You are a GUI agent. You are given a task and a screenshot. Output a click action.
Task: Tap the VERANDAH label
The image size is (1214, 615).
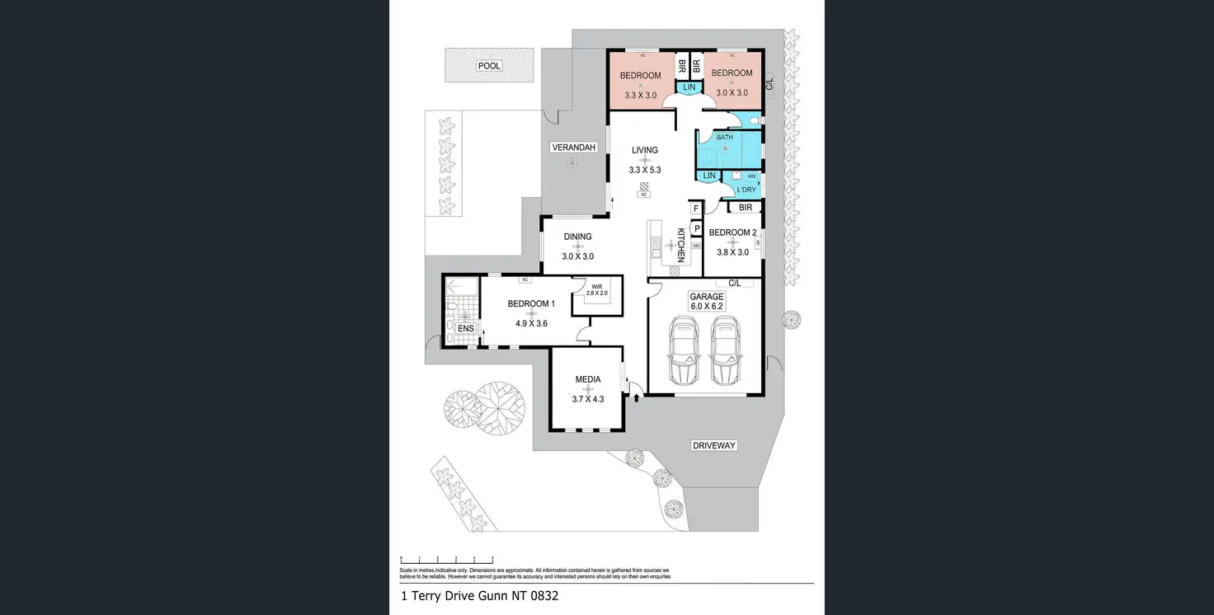(573, 147)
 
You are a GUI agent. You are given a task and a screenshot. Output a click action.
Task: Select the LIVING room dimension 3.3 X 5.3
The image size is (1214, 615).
(645, 170)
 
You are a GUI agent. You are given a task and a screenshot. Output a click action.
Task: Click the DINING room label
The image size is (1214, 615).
(577, 237)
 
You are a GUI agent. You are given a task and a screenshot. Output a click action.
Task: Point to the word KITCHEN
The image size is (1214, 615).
(681, 244)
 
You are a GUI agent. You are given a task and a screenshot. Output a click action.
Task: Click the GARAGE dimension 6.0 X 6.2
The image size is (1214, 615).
(707, 306)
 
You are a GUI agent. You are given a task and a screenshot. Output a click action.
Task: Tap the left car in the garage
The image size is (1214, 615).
(684, 352)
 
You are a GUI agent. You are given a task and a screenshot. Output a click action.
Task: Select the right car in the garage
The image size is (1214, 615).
(724, 352)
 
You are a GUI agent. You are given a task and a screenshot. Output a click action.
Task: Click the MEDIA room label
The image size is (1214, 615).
(588, 379)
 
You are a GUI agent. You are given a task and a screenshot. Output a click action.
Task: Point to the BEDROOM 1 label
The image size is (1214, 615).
(531, 304)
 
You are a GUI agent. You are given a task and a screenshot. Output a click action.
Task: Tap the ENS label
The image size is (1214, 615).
(466, 328)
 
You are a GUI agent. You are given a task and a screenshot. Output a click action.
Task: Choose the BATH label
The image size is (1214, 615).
(724, 138)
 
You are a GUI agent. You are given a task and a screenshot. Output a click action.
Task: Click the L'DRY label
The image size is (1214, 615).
(746, 190)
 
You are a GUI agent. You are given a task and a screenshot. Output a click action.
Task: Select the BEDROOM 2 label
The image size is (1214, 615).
(732, 232)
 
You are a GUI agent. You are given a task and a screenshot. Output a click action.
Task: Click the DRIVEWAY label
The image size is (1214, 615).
(713, 446)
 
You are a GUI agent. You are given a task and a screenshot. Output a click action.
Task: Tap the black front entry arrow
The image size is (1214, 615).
(636, 397)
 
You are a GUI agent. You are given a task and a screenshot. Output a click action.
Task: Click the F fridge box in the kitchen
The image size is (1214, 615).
(696, 209)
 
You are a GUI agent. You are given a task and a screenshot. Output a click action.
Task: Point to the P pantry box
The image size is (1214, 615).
(696, 228)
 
